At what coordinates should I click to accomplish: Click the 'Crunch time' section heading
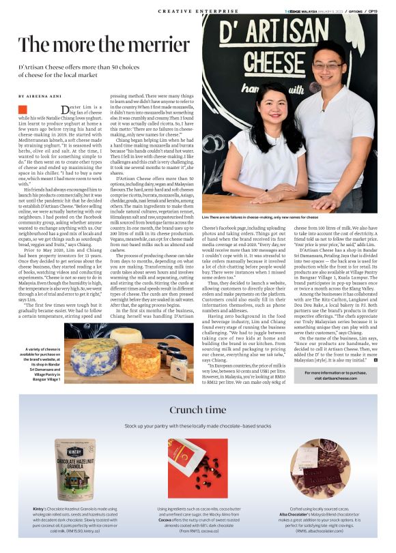point(197,410)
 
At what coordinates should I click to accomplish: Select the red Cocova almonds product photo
point(197,468)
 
